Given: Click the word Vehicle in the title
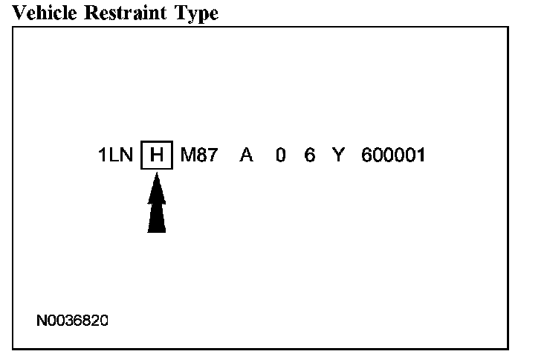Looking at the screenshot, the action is pyautogui.click(x=43, y=13).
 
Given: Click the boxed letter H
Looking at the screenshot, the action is pyautogui.click(x=156, y=156).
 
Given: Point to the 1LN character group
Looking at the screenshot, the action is pyautogui.click(x=115, y=156).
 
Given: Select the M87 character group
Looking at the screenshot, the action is pyautogui.click(x=198, y=156).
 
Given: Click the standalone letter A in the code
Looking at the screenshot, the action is pyautogui.click(x=246, y=156).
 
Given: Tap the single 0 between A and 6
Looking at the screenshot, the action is pyautogui.click(x=280, y=156).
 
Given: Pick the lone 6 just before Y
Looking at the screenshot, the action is pyautogui.click(x=310, y=156).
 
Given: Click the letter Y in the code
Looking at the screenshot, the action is pyautogui.click(x=338, y=156).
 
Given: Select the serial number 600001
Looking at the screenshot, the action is pyautogui.click(x=392, y=156).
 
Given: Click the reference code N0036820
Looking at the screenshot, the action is pyautogui.click(x=72, y=321).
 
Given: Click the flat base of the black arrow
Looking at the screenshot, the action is pyautogui.click(x=156, y=231).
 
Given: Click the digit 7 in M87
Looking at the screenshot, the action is pyautogui.click(x=211, y=156).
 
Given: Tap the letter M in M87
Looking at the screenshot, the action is pyautogui.click(x=187, y=156).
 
